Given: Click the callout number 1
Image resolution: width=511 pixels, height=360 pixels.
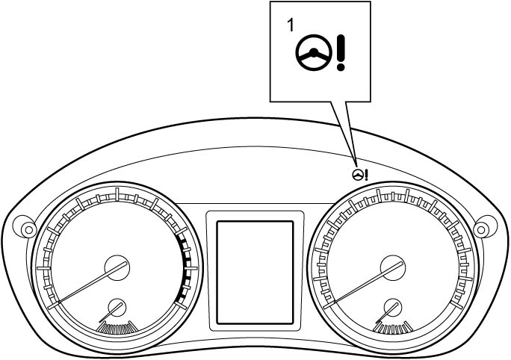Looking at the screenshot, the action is (290, 25).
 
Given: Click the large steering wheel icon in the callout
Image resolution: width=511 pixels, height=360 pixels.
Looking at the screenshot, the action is (314, 53).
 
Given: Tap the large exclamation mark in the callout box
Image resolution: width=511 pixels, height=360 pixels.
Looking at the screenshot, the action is (341, 53).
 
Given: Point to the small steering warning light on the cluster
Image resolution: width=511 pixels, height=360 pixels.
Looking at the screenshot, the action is (360, 175).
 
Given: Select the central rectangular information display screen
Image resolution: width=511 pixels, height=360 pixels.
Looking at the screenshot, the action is (255, 273).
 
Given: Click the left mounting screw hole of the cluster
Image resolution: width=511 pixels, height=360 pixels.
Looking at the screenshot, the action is (28, 230).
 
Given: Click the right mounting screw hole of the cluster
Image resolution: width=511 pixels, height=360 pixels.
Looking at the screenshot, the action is (481, 230).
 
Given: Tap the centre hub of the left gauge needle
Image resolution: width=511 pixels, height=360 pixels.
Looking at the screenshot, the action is (117, 268).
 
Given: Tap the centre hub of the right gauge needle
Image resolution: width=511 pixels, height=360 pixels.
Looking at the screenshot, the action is (393, 268).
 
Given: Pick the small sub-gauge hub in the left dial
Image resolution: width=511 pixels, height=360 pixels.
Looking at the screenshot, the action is (117, 307).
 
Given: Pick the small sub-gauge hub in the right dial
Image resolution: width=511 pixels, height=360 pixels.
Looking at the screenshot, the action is (393, 307).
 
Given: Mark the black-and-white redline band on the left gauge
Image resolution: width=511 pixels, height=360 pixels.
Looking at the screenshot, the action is (184, 268).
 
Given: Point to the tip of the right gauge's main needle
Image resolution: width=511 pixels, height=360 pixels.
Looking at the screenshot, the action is (324, 308).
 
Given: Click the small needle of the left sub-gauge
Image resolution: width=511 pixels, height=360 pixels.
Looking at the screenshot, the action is (111, 312).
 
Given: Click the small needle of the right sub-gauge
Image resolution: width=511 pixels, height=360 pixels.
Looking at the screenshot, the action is (387, 312).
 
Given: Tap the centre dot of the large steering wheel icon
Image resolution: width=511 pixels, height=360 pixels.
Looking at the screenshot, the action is (314, 52).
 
